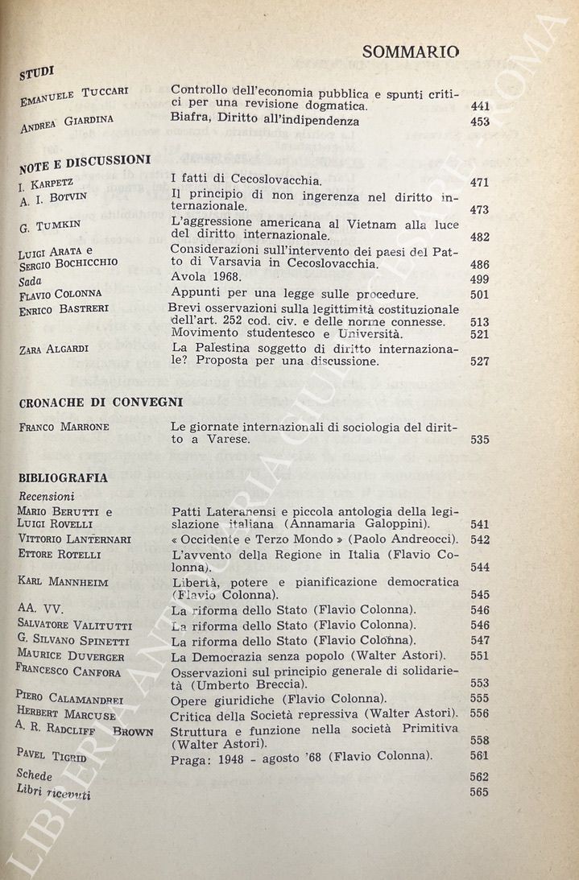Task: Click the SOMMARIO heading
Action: (411, 52)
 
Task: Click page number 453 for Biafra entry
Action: (479, 122)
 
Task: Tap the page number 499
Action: (479, 279)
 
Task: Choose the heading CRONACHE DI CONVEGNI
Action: (101, 402)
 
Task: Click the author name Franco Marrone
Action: (64, 427)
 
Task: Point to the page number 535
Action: (480, 440)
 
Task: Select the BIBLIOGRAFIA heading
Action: (63, 477)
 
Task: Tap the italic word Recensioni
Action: (47, 496)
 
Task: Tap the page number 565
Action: (479, 792)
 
